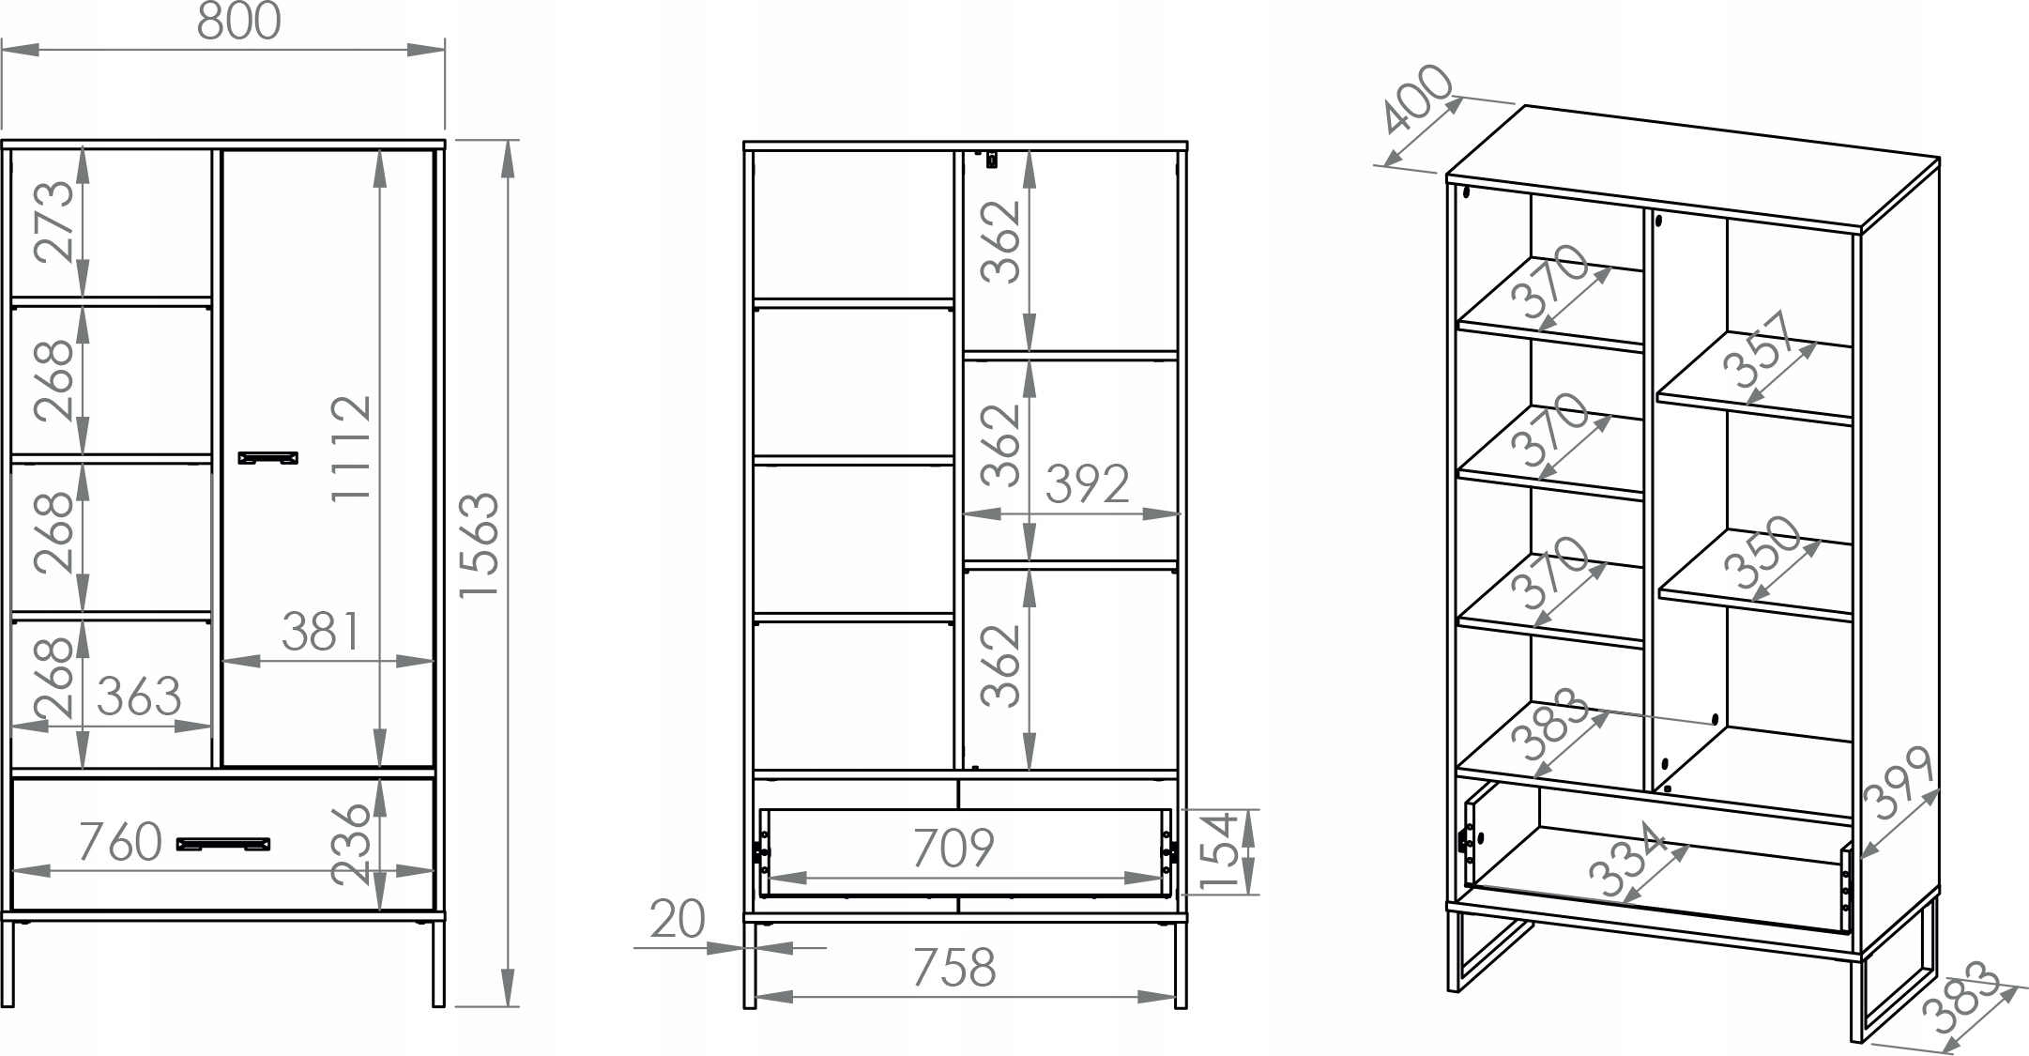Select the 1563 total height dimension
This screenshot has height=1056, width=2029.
click(x=481, y=545)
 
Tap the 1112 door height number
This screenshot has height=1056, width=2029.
click(x=353, y=448)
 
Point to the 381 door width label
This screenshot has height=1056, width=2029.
click(x=321, y=632)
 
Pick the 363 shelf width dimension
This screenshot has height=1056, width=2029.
click(x=139, y=696)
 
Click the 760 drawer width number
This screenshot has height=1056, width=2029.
click(x=120, y=841)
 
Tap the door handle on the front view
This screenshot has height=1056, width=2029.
click(x=268, y=458)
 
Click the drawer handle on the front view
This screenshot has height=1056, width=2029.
click(x=223, y=844)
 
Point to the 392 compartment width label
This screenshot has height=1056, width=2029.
click(x=1088, y=484)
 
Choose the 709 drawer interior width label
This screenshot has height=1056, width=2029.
click(x=953, y=848)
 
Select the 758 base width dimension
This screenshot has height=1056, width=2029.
click(x=953, y=968)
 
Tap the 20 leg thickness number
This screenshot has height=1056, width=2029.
click(x=677, y=919)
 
